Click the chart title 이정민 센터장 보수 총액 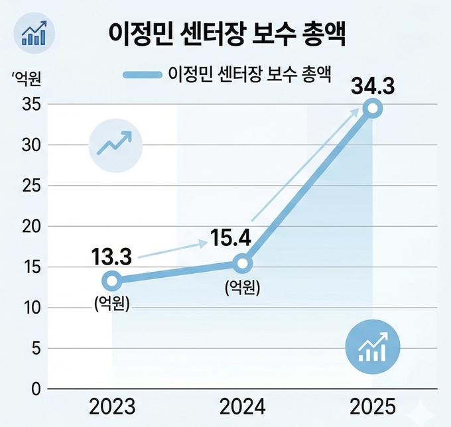click(226, 34)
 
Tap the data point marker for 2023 click(112, 280)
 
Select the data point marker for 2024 click(243, 264)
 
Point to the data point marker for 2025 click(373, 109)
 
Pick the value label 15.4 click(230, 237)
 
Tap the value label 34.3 click(373, 85)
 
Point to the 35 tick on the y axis click(32, 104)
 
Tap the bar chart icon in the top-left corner click(34, 33)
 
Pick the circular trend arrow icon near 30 click(115, 143)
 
